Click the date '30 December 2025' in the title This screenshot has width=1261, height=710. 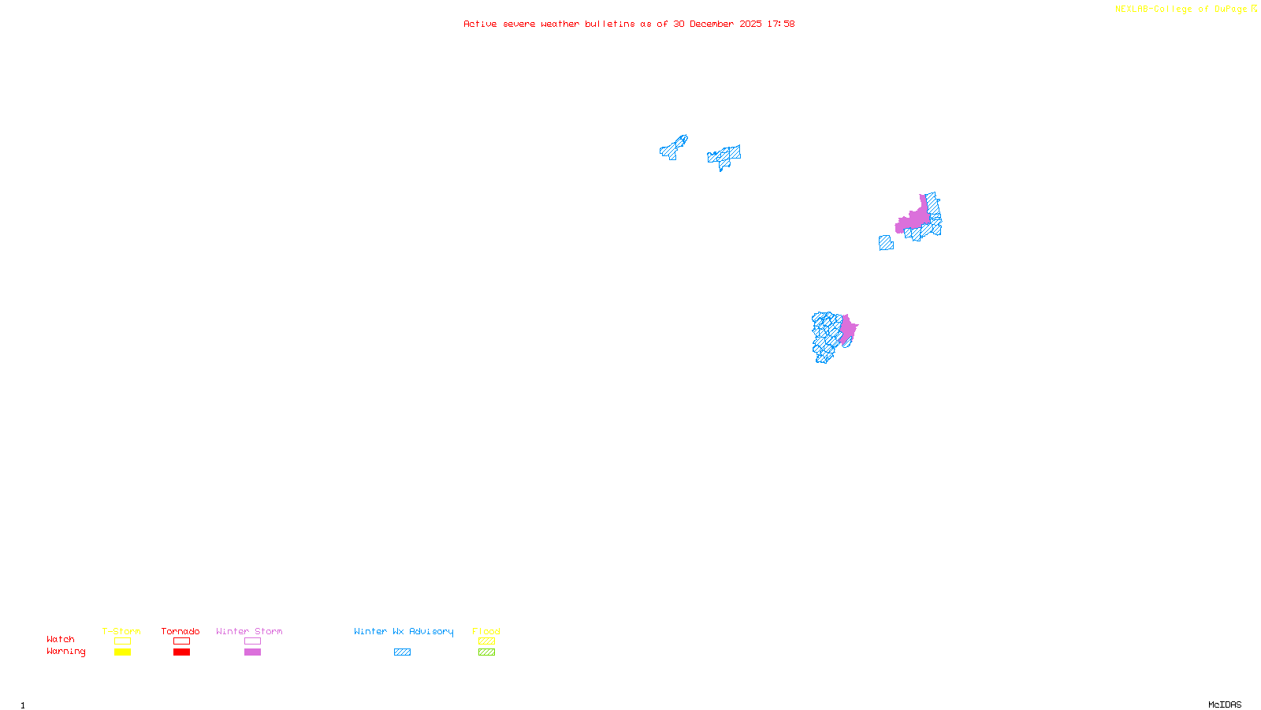point(717,24)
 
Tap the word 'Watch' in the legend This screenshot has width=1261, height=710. point(61,639)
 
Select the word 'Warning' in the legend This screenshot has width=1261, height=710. point(65,652)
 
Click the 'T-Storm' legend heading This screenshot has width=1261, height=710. point(121,631)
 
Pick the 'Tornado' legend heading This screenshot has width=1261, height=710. point(180,631)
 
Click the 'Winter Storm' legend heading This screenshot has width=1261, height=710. point(249,631)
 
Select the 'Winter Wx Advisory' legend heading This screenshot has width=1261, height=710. point(404,631)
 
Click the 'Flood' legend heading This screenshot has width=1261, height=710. point(486,631)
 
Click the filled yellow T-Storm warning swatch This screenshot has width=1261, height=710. point(122,652)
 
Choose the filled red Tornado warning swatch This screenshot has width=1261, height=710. point(181,652)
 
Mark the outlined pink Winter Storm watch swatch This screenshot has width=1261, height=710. point(252,641)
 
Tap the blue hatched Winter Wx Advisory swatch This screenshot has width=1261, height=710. point(402,652)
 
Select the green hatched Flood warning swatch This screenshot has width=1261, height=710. point(486,652)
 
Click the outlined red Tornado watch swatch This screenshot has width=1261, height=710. point(181,641)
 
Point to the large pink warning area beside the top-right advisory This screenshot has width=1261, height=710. point(915,219)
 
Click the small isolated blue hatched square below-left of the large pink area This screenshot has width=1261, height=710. point(886,243)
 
